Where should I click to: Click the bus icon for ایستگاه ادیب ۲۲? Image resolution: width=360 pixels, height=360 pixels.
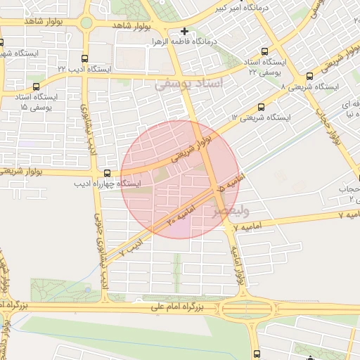85,58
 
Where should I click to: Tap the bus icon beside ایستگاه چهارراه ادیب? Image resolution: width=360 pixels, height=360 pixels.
107,172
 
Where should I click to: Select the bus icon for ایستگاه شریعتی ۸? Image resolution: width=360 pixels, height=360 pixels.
309,76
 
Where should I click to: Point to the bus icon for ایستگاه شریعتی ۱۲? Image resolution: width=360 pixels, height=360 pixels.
262,108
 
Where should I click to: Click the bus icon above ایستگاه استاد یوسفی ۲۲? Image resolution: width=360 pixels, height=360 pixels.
264,51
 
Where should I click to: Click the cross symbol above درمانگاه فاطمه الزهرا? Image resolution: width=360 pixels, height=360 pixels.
184,31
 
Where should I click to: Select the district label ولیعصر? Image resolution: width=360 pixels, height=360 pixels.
226,209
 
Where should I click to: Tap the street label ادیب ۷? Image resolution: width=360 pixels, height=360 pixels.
131,245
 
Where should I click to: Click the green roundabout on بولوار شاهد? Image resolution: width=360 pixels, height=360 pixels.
86,23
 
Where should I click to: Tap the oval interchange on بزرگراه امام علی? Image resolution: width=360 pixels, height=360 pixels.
245,308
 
